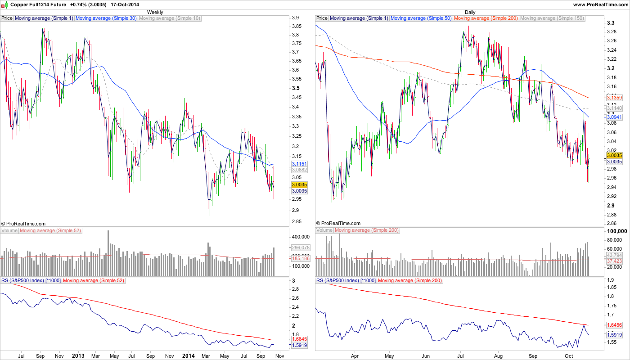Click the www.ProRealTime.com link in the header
(x=600, y=4)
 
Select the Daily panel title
(x=470, y=12)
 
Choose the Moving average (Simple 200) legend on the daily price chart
(x=486, y=18)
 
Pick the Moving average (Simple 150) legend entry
(x=552, y=18)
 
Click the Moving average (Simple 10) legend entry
(x=170, y=18)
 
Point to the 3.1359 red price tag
(x=613, y=98)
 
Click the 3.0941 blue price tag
(x=613, y=117)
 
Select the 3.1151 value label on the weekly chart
(x=299, y=164)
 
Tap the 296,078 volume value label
(x=301, y=247)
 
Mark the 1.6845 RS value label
(x=299, y=339)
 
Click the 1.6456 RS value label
(x=613, y=324)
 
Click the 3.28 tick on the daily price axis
(x=611, y=31)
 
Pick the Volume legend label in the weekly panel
(x=9, y=230)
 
